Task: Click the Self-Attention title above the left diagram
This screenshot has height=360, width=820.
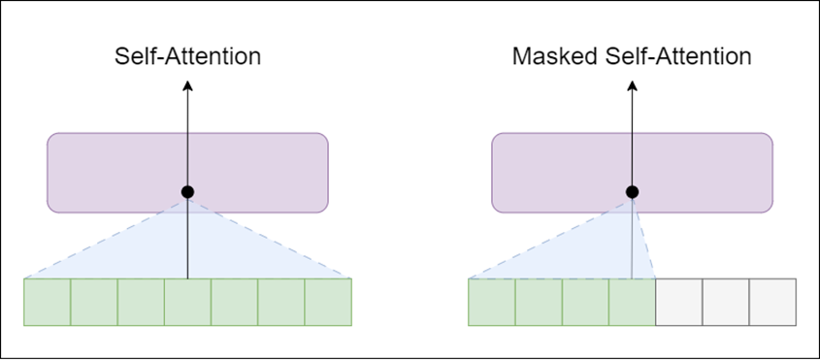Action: (188, 56)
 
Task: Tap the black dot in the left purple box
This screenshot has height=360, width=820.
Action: (187, 191)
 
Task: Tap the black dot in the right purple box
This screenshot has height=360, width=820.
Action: (632, 191)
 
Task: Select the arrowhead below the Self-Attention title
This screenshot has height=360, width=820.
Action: (187, 86)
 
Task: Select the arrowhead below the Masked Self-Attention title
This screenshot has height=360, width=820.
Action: (632, 86)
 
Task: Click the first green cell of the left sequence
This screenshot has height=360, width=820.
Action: (48, 302)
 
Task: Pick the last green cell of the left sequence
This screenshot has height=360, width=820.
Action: (328, 302)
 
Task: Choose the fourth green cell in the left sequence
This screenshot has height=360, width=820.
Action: (187, 302)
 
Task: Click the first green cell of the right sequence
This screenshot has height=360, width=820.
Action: (492, 302)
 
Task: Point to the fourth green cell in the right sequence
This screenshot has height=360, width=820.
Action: (633, 302)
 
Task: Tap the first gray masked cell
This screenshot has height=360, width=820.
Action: (679, 302)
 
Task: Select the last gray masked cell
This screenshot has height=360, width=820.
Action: (773, 302)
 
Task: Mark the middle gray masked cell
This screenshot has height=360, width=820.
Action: (726, 302)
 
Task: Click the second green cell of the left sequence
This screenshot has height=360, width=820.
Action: (94, 302)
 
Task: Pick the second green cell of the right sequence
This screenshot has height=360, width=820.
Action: (539, 302)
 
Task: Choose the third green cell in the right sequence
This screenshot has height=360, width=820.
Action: (585, 302)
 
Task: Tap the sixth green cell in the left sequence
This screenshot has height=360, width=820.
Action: (281, 302)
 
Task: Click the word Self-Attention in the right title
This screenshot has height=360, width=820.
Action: (678, 56)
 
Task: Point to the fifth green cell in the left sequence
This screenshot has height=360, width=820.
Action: (235, 302)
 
